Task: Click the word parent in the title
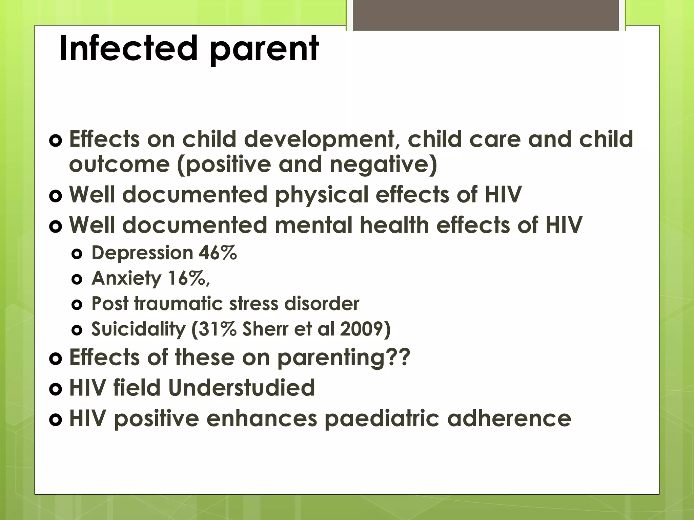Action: [x=264, y=51]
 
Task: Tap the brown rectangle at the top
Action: [x=486, y=15]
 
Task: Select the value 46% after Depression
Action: [x=218, y=253]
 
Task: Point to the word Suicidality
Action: [x=138, y=329]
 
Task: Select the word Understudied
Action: [x=241, y=388]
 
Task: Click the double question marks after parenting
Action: [x=399, y=357]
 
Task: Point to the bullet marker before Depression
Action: [x=77, y=254]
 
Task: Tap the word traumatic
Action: [x=179, y=303]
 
